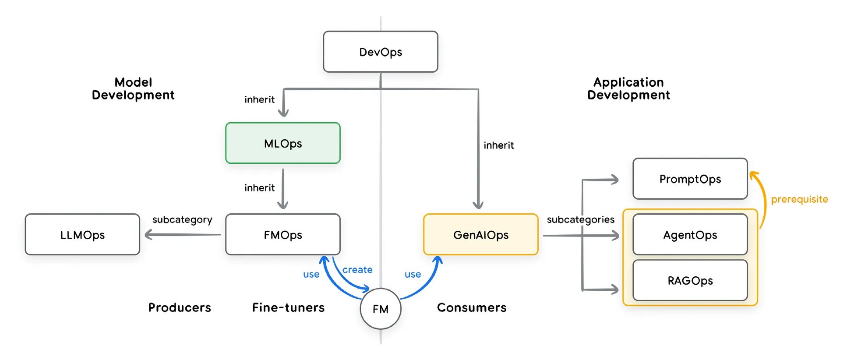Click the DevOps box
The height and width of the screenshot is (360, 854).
pos(380,52)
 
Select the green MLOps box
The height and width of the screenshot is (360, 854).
pos(282,143)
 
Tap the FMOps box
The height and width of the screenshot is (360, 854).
pos(282,235)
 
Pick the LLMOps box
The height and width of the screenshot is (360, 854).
pos(82,235)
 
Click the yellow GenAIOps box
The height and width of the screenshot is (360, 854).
pos(480,235)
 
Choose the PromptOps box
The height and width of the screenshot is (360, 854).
pos(690,179)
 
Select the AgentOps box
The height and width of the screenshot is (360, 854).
pos(690,235)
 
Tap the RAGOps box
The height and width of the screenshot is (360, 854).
pos(690,280)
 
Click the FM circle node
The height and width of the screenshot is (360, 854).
pos(380,309)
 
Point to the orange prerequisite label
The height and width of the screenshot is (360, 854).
pos(799,199)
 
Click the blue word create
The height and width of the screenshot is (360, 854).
pos(357,270)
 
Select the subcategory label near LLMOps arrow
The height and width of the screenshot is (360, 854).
pos(182,219)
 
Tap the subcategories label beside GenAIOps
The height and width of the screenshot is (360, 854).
pos(580,219)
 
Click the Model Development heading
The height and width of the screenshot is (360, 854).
pos(133,88)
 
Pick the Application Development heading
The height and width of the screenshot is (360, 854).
pos(628,88)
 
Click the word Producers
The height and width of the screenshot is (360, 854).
pos(180,307)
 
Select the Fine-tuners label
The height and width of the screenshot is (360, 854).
pos(288,307)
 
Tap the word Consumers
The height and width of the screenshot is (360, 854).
pos(472,307)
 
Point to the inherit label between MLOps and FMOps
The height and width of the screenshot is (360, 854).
pos(259,188)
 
